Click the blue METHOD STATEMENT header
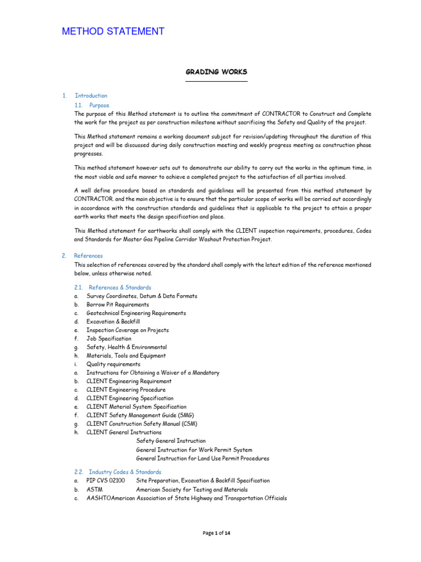[x=113, y=31]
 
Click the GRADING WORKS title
[x=216, y=72]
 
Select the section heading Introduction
[x=91, y=95]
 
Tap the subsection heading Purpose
[x=99, y=105]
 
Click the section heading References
[x=88, y=256]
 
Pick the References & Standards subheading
[x=120, y=288]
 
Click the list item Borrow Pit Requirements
[x=117, y=305]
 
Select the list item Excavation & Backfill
[x=113, y=322]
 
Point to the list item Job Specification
[x=109, y=339]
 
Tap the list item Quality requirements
[x=113, y=364]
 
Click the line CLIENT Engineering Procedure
[x=126, y=390]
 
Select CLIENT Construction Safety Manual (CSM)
[x=141, y=424]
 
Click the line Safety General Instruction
[x=171, y=441]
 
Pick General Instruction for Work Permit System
[x=194, y=449]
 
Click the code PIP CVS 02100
[x=105, y=481]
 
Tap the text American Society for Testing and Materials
[x=192, y=490]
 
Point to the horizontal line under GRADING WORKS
[x=216, y=81]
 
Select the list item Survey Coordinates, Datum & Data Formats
[x=141, y=296]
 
